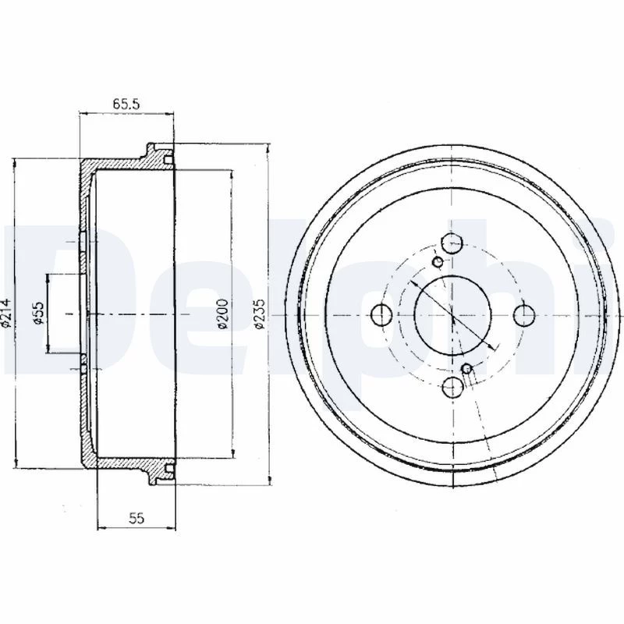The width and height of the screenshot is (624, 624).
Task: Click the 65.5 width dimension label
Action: (126, 104)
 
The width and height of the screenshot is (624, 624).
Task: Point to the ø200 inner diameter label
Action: (223, 314)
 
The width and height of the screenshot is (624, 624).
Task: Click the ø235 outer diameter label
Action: (259, 314)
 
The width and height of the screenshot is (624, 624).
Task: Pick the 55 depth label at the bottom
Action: (136, 518)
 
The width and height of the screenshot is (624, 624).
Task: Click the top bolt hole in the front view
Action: (452, 243)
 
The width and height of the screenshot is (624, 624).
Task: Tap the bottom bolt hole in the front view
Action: (453, 387)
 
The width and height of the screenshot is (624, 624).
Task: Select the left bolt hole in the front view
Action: (381, 315)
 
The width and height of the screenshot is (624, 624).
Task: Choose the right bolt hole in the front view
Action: (524, 315)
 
